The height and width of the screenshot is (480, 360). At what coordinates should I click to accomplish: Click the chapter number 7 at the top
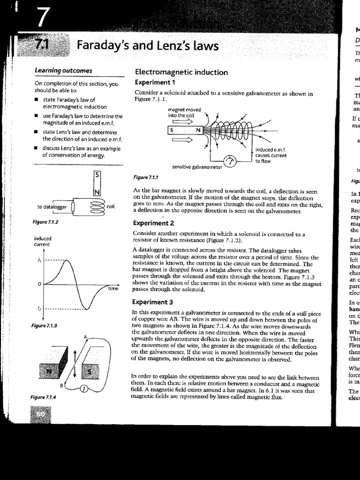click(42, 17)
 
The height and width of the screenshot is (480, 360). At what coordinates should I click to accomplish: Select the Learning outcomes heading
click(63, 71)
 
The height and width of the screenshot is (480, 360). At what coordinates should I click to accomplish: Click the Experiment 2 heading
click(153, 223)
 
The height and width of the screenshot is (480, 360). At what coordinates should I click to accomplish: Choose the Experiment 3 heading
click(153, 302)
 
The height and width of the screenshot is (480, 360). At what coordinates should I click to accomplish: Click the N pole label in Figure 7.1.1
click(198, 130)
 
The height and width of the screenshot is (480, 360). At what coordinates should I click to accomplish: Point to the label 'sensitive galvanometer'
click(196, 167)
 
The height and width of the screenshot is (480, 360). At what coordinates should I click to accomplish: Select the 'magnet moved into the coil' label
click(184, 112)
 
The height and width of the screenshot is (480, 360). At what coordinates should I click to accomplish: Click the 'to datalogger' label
click(52, 207)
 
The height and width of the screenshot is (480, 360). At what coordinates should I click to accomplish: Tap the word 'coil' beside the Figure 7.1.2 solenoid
click(111, 206)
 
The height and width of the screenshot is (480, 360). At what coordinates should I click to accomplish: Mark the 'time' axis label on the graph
click(113, 289)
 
